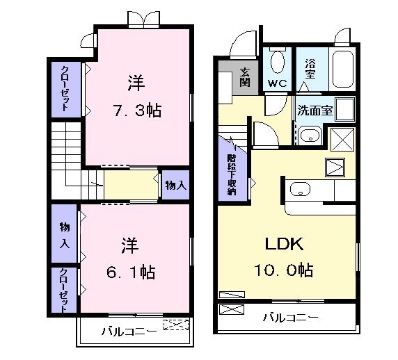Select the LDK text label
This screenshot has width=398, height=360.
click(284, 245)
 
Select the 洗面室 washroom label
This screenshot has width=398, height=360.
click(315, 110)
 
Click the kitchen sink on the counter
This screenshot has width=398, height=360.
click(301, 188)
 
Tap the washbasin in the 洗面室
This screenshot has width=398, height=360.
click(310, 135)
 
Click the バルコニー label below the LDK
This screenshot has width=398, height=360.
click(290, 318)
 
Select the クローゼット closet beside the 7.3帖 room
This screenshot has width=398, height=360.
click(65, 88)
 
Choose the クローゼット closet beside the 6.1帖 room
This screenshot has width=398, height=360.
click(63, 288)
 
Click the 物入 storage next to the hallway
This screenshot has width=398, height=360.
click(175, 186)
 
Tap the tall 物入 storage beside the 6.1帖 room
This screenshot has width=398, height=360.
click(64, 235)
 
